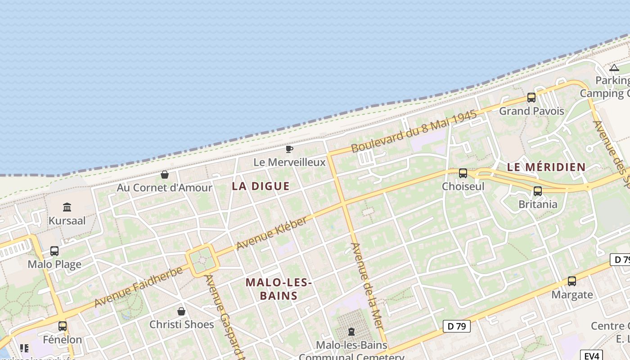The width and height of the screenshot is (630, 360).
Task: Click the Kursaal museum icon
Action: [x=67, y=207]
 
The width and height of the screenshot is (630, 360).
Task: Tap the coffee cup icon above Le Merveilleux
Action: [x=289, y=149]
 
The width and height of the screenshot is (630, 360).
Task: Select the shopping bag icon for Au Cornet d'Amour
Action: [x=165, y=175]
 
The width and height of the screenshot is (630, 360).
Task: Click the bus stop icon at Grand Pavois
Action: [x=531, y=97]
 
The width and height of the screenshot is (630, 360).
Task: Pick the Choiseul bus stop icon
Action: [x=463, y=173]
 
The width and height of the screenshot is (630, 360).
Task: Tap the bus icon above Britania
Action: [x=537, y=191]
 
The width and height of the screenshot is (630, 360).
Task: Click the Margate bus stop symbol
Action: [x=572, y=281]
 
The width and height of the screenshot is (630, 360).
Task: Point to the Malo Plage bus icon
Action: [x=54, y=251]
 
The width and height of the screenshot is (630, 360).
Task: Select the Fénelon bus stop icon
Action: [x=63, y=326]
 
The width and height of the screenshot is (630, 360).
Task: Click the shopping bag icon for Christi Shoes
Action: [x=181, y=311]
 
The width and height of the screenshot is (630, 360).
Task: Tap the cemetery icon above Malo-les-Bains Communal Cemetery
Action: [x=351, y=332]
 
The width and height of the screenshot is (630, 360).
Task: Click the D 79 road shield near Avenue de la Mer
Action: [x=456, y=326]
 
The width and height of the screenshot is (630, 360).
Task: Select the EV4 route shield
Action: [x=591, y=355]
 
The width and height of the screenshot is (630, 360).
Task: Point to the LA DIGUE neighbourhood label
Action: [x=261, y=186]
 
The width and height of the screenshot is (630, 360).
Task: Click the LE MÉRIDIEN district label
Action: [x=546, y=167]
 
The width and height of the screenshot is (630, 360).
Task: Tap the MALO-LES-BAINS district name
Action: [x=279, y=289]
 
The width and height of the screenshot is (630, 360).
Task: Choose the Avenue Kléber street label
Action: [x=272, y=233]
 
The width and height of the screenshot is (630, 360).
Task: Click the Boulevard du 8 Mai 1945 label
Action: [x=414, y=131]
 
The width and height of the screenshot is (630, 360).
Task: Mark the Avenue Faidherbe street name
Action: [x=139, y=287]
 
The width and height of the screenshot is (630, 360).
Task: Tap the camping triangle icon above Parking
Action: [x=614, y=68]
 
